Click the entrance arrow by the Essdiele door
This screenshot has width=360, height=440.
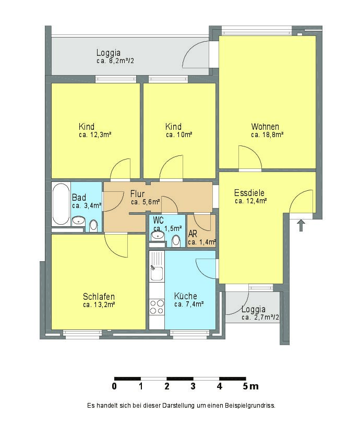pos(301,225)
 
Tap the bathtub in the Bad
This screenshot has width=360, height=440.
pos(61,204)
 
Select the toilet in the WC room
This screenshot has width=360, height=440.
pos(176,240)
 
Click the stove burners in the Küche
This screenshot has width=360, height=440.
pos(157,307)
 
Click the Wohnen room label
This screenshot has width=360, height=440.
pos(265,127)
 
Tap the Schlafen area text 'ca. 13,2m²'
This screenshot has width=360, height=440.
pos(99,305)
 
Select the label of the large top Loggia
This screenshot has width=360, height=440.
pos(109,53)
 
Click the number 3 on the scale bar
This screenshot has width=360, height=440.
pos(193,386)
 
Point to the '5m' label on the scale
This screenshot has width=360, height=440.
pos(251,386)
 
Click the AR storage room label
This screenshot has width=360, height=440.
pos(193,234)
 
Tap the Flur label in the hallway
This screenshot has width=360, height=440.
pos(137,193)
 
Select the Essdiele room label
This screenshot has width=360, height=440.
pos(249,193)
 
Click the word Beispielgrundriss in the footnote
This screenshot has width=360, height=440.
pos(250,406)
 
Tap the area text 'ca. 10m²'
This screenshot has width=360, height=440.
pos(179,135)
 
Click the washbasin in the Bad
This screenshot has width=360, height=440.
pos(79,221)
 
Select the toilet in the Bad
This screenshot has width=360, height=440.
pos(93,225)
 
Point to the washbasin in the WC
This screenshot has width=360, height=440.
pos(158,236)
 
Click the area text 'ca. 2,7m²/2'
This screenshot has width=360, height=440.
pos(260,317)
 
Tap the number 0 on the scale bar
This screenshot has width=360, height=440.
pos(114,386)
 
